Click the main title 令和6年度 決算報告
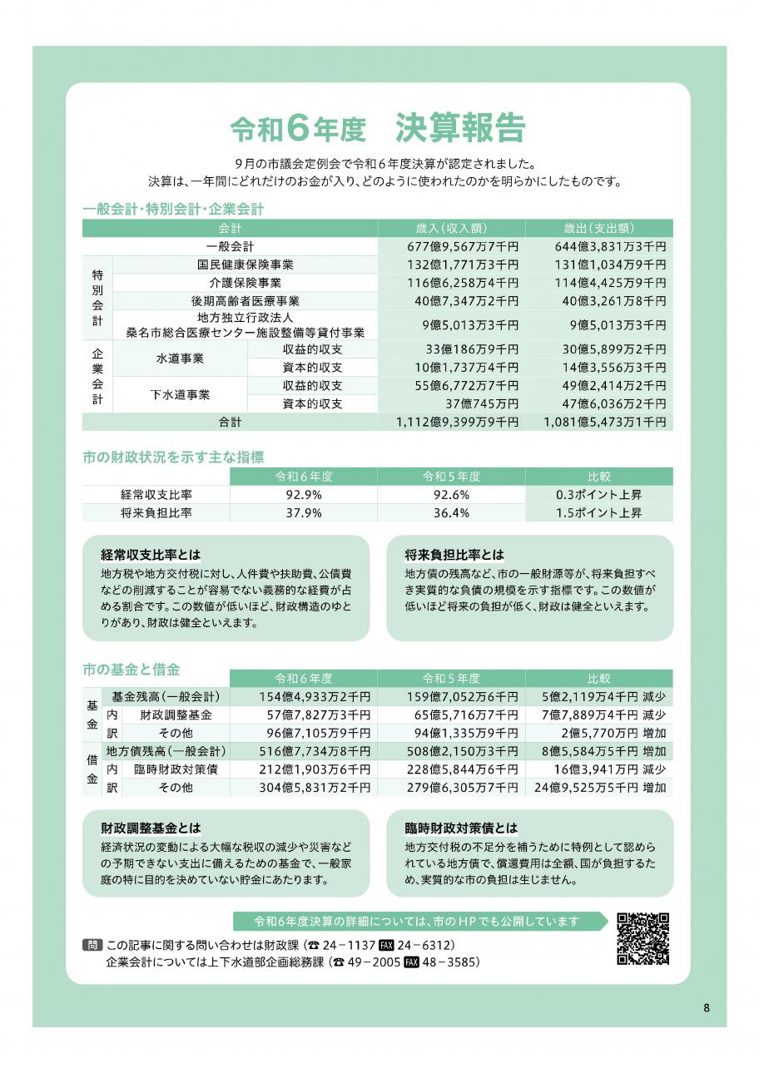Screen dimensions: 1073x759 (x=378, y=130)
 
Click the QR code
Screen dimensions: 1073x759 (x=642, y=939)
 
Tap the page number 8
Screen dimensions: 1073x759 (x=707, y=1008)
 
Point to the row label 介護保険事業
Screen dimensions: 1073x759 (x=245, y=283)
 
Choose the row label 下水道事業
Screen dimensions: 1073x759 (x=180, y=395)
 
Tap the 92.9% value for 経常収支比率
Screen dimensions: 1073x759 (x=303, y=494)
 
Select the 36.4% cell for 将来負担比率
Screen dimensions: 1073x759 (x=451, y=512)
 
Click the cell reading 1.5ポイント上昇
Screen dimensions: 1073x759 (x=599, y=512)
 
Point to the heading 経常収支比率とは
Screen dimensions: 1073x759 (x=151, y=554)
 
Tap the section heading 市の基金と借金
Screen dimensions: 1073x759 (x=131, y=669)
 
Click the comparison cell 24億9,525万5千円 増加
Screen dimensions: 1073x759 (x=599, y=787)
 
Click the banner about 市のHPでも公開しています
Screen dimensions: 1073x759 (x=416, y=922)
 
